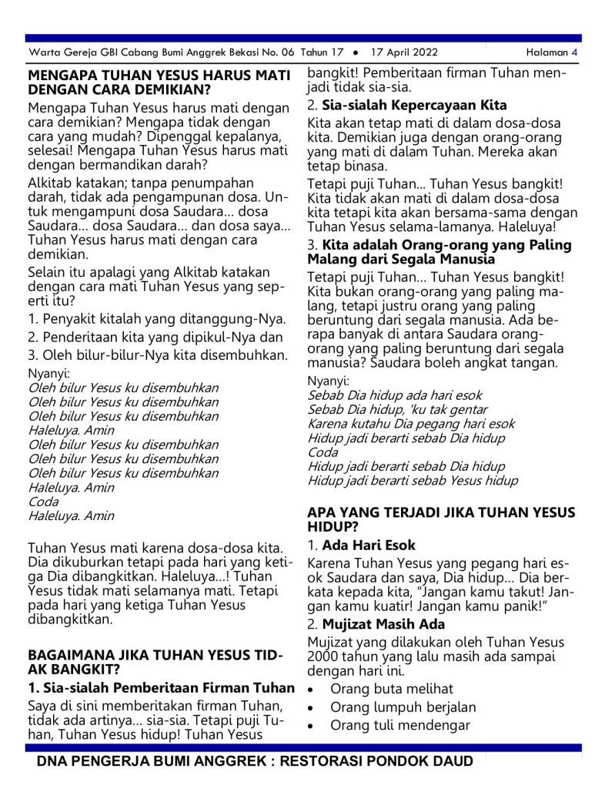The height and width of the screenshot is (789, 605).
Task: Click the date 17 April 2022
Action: coord(403,52)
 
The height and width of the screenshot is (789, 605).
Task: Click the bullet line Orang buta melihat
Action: coord(392,689)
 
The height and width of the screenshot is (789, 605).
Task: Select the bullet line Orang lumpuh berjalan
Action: coord(403,707)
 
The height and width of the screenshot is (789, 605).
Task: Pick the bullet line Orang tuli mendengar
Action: coord(399,726)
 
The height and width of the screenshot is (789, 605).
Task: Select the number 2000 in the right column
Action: coord(324,656)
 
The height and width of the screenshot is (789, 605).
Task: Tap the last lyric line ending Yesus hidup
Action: coord(413,481)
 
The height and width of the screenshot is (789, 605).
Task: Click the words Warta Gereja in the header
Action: coord(57,52)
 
